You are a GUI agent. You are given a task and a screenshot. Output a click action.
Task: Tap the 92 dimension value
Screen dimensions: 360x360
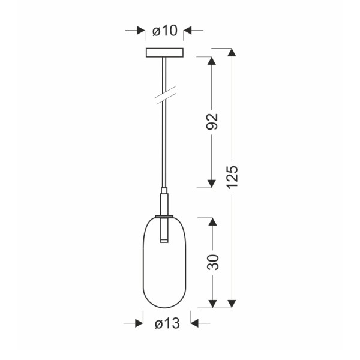(212, 122)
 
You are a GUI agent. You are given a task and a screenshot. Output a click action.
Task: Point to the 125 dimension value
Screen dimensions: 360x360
(233, 177)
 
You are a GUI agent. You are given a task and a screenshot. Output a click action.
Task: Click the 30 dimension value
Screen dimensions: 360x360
(212, 262)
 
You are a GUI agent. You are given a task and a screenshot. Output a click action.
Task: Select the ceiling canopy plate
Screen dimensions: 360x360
(164, 53)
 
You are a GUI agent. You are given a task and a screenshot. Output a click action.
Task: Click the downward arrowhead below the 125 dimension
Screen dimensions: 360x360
(233, 303)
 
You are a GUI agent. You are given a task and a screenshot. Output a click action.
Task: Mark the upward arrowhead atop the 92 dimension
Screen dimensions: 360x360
(211, 62)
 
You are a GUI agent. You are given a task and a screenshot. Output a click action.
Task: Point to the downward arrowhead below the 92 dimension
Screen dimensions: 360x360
(211, 182)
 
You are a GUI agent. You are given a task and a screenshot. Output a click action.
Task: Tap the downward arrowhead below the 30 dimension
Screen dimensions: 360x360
(211, 303)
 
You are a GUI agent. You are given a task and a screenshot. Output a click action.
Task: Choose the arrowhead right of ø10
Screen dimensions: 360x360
(187, 30)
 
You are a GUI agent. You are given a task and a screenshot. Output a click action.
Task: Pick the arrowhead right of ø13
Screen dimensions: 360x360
(194, 324)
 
